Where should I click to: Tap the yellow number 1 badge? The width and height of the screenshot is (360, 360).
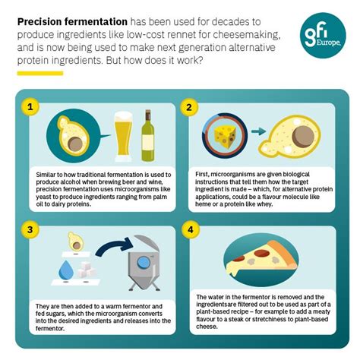[30, 106]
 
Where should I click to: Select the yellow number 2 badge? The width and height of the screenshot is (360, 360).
[189, 106]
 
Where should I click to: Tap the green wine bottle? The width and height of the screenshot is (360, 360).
[147, 137]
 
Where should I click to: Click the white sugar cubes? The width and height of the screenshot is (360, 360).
[96, 267]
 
